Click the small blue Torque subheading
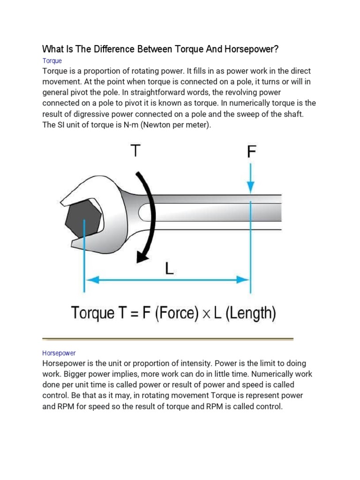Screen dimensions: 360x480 (x=52, y=61)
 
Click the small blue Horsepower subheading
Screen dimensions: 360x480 (x=59, y=353)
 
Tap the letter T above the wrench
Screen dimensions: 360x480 (x=135, y=151)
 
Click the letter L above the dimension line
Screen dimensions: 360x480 (x=170, y=269)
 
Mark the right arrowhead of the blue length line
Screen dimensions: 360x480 (x=243, y=280)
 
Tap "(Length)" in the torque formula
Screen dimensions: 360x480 (x=251, y=313)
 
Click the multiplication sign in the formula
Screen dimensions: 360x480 (x=206, y=313)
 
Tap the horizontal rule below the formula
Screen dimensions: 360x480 (x=167, y=338)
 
